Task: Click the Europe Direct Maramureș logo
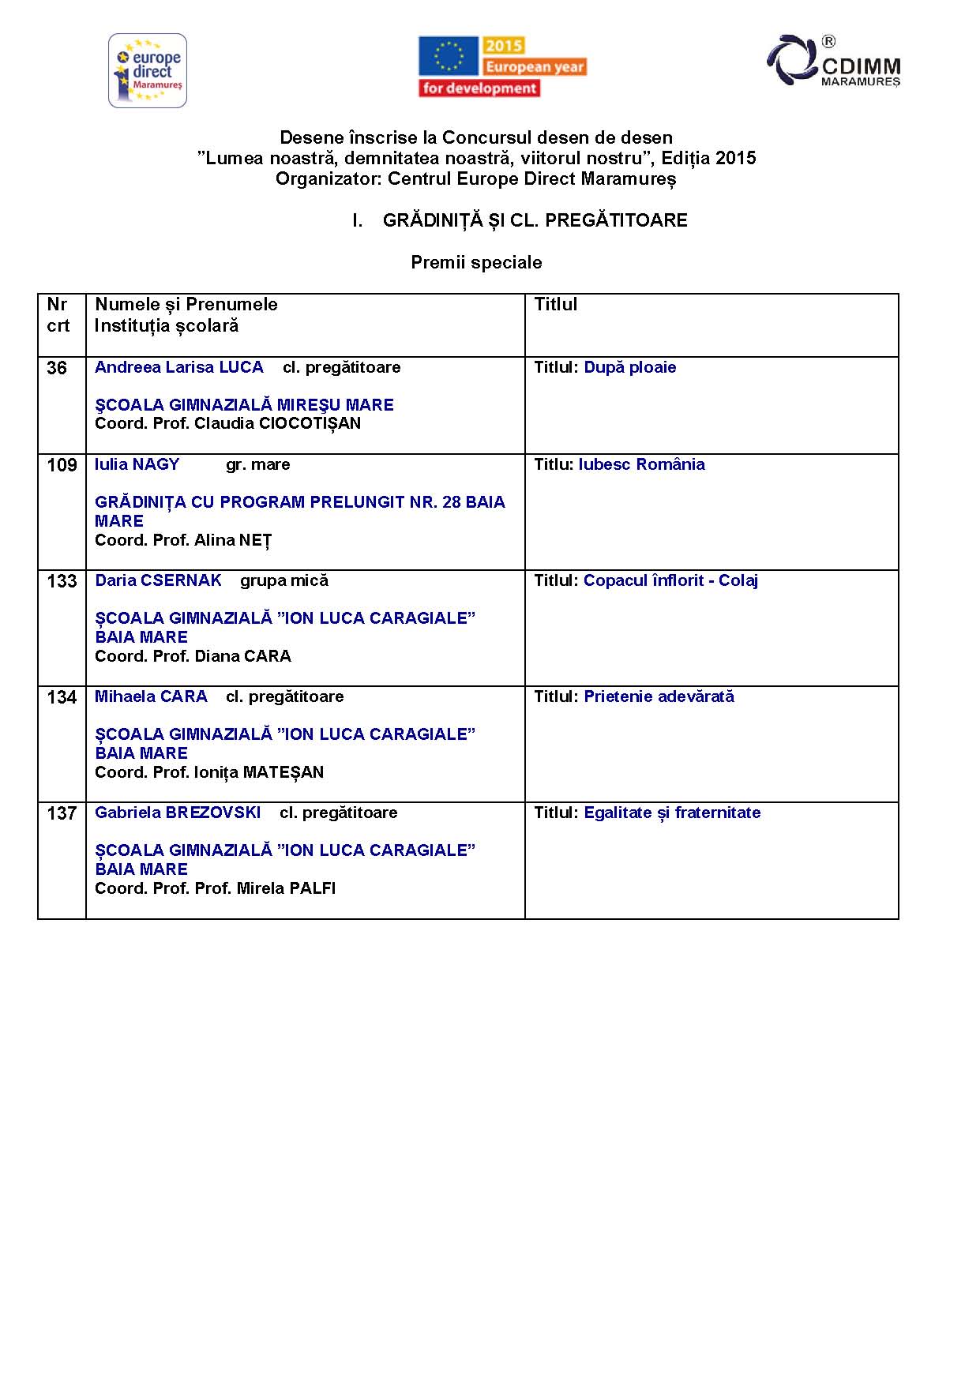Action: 148,70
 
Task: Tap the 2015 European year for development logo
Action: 502,67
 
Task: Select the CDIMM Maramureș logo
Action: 834,61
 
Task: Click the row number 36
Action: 57,368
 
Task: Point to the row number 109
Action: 62,465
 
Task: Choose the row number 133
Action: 62,581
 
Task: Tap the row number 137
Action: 62,813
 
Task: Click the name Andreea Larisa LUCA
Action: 179,367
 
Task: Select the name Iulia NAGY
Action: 137,464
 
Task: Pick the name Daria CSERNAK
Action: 158,580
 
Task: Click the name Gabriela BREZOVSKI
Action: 178,813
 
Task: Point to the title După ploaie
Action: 629,367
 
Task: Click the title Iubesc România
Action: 641,464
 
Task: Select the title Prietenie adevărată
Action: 659,696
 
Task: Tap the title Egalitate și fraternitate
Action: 672,813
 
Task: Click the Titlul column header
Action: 555,305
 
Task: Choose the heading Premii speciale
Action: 476,262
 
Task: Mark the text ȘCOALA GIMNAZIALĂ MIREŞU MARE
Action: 244,405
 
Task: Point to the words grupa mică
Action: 283,580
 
